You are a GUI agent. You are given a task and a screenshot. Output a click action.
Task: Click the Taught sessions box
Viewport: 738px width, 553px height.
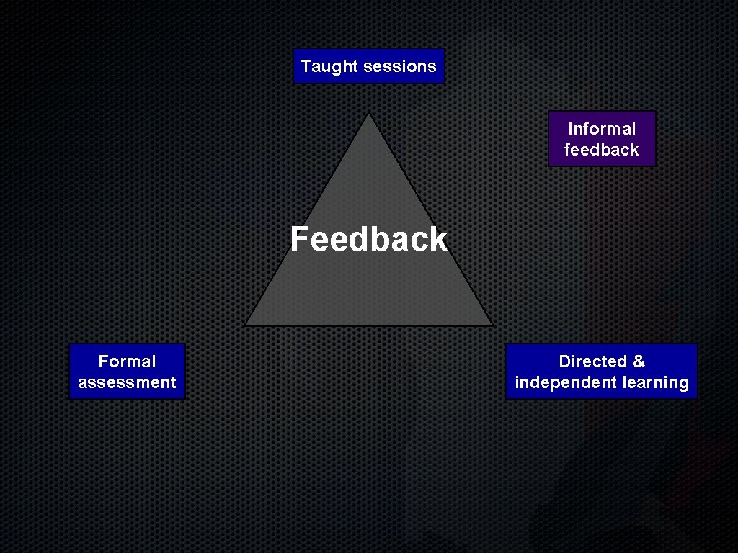click(369, 66)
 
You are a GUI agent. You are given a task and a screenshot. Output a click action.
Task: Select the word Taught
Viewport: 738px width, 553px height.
click(329, 66)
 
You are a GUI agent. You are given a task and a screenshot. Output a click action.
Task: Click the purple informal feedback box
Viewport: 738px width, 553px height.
click(602, 139)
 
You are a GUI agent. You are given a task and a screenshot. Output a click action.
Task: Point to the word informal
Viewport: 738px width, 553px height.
click(602, 129)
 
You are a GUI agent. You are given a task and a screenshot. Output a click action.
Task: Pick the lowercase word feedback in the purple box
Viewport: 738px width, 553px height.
click(602, 150)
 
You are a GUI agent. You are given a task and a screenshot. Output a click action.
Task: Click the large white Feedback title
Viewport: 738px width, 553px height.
click(368, 239)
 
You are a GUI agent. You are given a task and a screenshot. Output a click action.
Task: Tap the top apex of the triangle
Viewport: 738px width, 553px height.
click(369, 114)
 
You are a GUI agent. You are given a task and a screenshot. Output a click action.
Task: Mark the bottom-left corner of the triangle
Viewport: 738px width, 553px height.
click(246, 325)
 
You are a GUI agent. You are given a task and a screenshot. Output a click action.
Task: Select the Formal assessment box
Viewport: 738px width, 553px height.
click(127, 372)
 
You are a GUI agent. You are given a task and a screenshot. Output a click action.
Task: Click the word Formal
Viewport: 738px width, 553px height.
click(127, 361)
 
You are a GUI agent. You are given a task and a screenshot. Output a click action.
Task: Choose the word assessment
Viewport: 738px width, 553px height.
click(127, 382)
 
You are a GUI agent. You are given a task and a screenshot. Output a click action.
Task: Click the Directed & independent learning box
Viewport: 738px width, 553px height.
click(602, 372)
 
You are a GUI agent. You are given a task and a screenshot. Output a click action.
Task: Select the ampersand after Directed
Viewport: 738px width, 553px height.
click(639, 361)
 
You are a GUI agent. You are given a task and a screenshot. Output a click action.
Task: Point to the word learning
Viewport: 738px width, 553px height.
click(656, 382)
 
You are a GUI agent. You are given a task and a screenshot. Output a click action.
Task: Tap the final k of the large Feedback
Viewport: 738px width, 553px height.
click(438, 239)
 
